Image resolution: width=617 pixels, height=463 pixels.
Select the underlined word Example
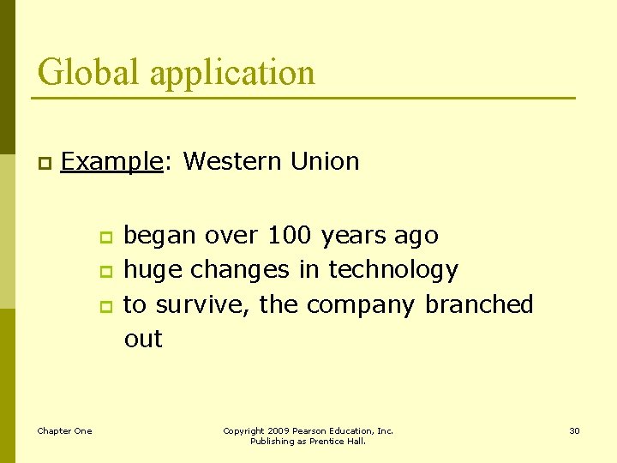[x=112, y=161]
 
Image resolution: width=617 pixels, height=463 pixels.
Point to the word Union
[x=325, y=160]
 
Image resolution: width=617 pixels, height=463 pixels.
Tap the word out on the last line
[x=143, y=339]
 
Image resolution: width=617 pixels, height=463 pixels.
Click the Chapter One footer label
[x=64, y=430]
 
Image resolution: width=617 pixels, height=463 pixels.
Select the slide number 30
[x=574, y=430]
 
